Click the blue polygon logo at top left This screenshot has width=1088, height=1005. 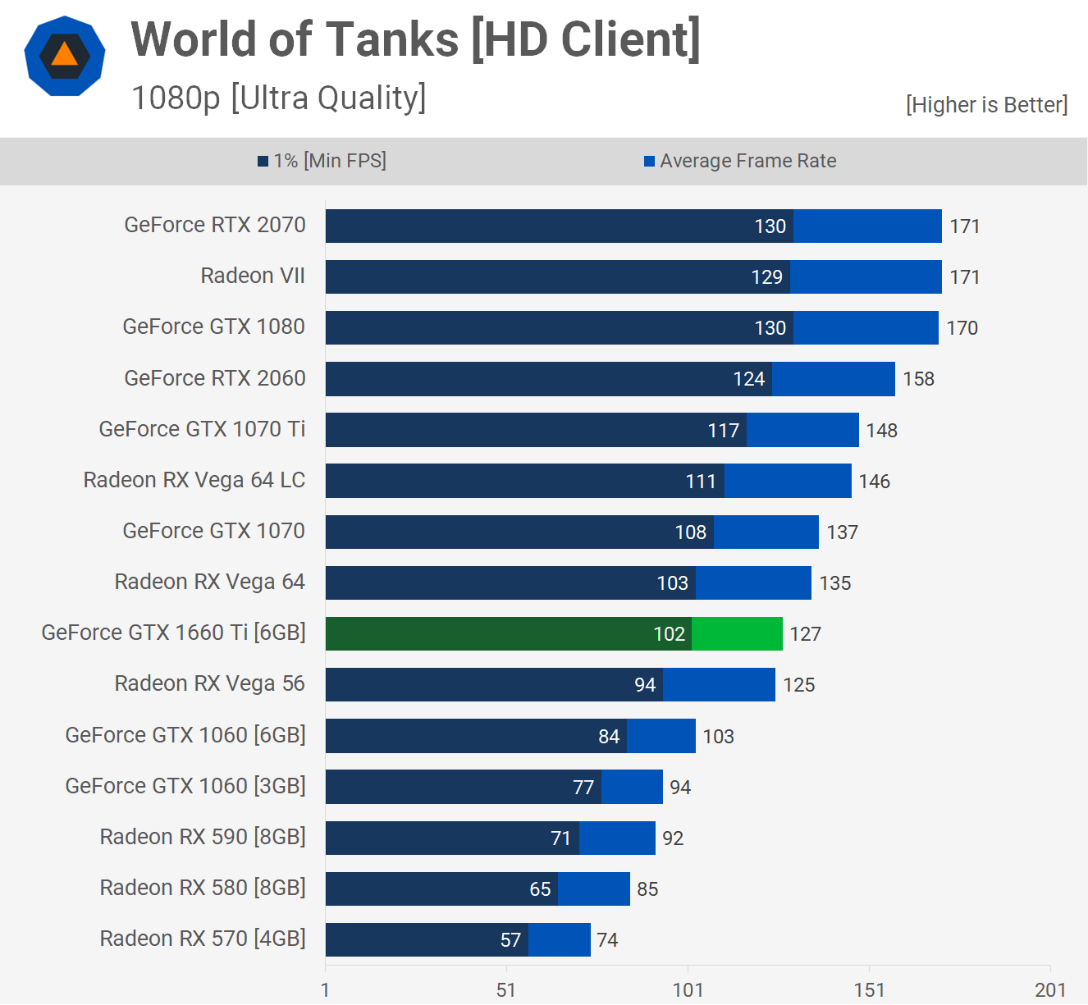coord(65,56)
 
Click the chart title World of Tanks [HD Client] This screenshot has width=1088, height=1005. coord(415,39)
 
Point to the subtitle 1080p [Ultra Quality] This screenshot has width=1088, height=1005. coord(279,98)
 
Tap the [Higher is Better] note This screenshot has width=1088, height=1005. coord(986,105)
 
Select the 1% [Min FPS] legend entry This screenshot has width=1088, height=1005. coord(322,161)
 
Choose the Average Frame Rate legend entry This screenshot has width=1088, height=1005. coord(740,161)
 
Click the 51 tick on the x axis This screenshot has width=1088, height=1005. coord(506,990)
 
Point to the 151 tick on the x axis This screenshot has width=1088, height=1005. coord(869,990)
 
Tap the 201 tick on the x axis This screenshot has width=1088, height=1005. coord(1050,990)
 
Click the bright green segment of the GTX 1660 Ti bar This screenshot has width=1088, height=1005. coord(737,634)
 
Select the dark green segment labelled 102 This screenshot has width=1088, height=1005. coord(509,634)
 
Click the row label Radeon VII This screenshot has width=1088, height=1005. coord(253,276)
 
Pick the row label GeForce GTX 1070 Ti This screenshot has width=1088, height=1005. coord(202,429)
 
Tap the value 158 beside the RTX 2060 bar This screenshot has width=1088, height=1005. coord(919,379)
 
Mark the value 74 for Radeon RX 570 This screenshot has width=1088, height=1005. coord(607,940)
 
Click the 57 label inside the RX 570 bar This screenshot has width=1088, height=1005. coord(510,940)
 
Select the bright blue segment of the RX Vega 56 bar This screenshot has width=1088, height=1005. coord(719,685)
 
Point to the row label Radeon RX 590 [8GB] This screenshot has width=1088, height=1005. coord(203,837)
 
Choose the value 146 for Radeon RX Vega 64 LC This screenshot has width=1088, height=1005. coord(875,482)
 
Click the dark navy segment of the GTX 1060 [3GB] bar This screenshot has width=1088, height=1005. coord(464,787)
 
